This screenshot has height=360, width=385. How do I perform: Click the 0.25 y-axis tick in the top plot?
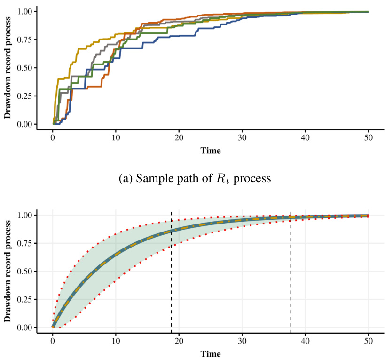coord(23,96)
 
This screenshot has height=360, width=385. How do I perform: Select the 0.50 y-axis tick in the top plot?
coord(23,68)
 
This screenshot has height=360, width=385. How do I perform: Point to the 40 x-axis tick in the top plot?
coord(305,138)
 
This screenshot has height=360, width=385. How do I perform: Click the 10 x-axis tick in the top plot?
coord(116,138)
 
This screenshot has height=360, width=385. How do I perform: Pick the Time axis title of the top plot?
coord(210,151)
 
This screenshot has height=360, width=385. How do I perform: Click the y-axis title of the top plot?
coord(8,68)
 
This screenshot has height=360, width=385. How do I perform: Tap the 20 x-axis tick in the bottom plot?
coord(179,342)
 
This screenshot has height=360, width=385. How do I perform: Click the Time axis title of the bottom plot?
coord(210,354)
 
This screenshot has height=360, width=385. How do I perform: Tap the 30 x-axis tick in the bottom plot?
coord(242,342)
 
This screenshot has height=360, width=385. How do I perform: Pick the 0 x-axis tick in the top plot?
coord(53,138)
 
